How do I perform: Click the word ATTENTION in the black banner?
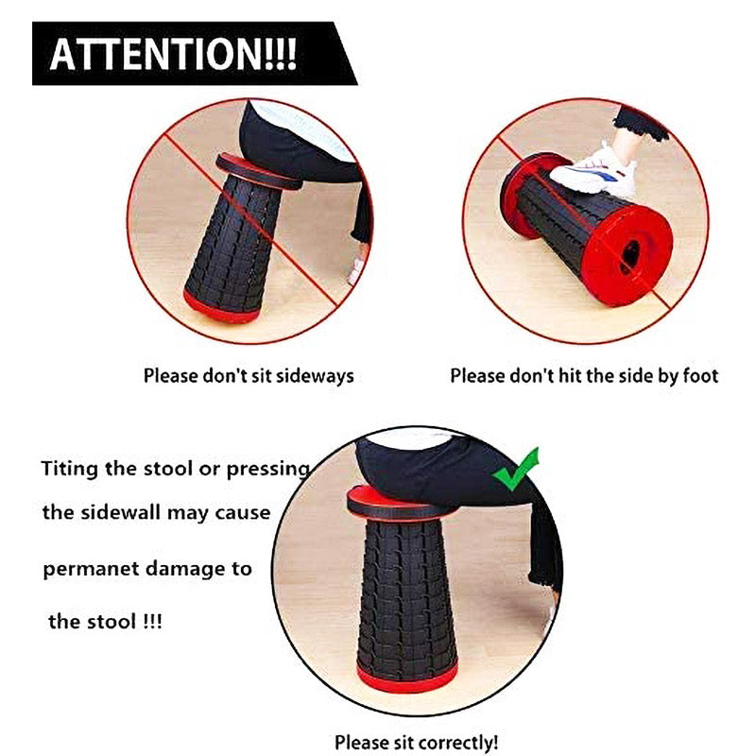point(157,54)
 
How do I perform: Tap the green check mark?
point(516,470)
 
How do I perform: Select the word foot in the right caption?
point(700,375)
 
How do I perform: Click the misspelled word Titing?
point(69,468)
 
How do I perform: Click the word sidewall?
point(121,512)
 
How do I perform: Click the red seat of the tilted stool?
point(258,171)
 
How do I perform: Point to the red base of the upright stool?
point(407,679)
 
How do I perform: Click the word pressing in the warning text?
point(267,469)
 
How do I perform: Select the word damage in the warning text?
point(185,570)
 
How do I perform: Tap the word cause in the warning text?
point(243,512)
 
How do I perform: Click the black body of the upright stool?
point(407,593)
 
